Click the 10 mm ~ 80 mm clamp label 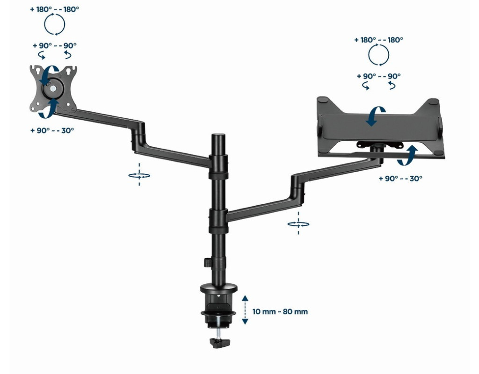tap(280, 312)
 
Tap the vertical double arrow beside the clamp tap(245, 309)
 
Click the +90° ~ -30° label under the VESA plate tap(52, 130)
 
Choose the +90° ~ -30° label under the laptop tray tap(400, 178)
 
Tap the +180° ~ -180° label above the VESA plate tap(54, 9)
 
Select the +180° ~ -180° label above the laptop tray tap(379, 40)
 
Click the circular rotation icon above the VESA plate tap(54, 24)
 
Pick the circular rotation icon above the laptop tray tap(379, 55)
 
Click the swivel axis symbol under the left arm tap(139, 176)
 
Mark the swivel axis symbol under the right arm tap(298, 224)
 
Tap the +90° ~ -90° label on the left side tap(54, 45)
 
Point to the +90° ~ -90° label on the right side tap(379, 76)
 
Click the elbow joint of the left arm tap(138, 137)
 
